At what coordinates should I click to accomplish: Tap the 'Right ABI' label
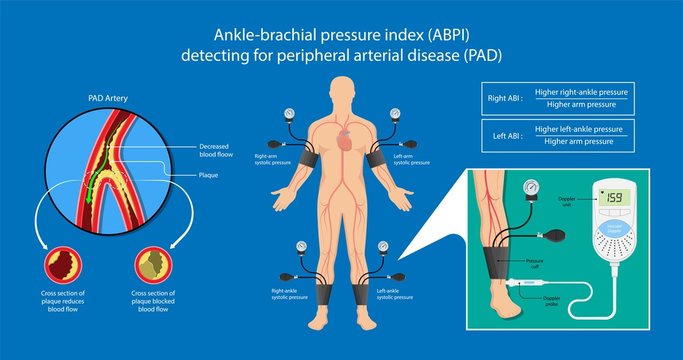(x=501, y=98)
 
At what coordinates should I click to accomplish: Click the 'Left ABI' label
(x=501, y=135)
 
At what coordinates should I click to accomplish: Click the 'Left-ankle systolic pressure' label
(x=394, y=295)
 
